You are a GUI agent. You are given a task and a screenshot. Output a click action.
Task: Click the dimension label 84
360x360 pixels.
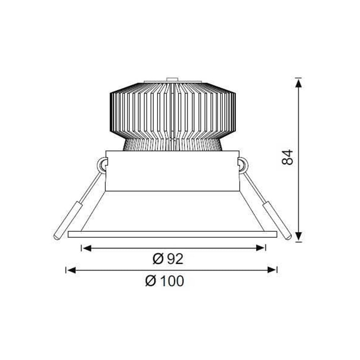(288, 157)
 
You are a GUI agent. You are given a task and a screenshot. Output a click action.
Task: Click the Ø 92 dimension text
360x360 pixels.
(168, 258)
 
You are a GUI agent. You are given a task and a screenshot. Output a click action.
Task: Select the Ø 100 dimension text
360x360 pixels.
(165, 281)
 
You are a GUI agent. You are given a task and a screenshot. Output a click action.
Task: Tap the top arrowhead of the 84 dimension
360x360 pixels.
(298, 83)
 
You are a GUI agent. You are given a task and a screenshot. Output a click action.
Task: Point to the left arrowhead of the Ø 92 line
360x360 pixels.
(86, 248)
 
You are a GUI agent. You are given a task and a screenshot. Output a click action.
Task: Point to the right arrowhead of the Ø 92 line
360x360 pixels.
(261, 248)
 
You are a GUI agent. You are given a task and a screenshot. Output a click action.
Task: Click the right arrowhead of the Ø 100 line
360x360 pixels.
(272, 270)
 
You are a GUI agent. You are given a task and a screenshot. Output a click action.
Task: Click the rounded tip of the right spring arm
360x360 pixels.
(289, 237)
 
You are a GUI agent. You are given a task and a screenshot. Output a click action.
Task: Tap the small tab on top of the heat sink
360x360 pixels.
(172, 79)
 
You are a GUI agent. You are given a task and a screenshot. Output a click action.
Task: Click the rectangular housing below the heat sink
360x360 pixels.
(172, 171)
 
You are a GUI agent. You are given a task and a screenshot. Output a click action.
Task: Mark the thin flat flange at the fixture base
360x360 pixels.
(172, 234)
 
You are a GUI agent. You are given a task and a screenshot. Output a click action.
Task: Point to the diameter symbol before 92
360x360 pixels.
(157, 258)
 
